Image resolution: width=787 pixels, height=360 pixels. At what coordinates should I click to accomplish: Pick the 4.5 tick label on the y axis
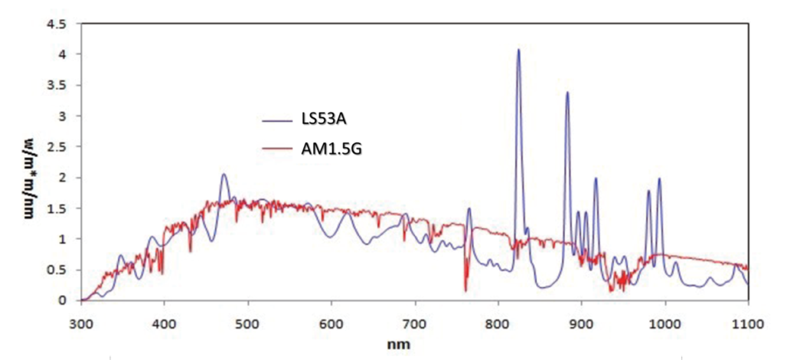tap(59, 25)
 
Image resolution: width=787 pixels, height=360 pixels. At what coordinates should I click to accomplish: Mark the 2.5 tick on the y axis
tap(59, 147)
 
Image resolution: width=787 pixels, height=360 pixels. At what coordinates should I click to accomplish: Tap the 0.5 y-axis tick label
tap(59, 270)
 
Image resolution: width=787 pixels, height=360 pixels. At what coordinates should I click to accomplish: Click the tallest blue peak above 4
tap(518, 51)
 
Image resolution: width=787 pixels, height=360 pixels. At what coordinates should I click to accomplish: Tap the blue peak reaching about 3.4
tap(567, 93)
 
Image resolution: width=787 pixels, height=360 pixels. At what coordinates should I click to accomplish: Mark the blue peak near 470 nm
tap(224, 175)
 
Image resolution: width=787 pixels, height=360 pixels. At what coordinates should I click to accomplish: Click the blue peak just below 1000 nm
tap(658, 179)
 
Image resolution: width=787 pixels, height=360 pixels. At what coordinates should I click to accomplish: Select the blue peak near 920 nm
tap(596, 178)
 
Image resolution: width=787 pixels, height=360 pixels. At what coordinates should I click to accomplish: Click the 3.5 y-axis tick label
tap(59, 86)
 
